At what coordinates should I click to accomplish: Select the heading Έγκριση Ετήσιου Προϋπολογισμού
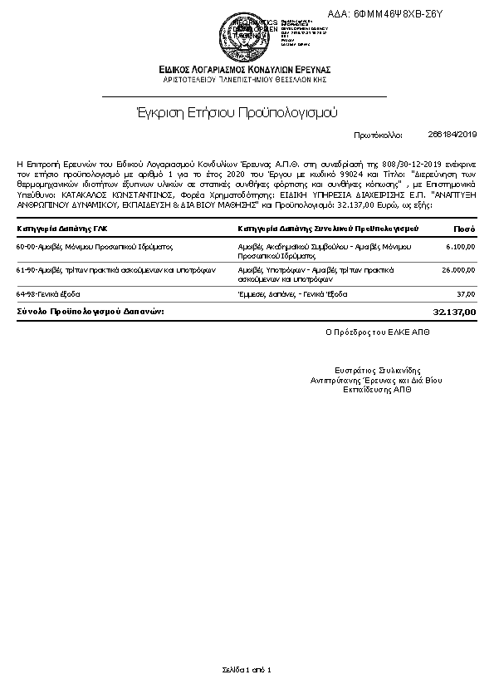click(237, 112)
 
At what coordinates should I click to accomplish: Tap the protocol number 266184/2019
click(452, 134)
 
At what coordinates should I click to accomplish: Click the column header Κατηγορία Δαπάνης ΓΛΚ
click(62, 228)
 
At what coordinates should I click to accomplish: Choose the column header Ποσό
click(464, 228)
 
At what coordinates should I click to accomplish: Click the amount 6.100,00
click(461, 247)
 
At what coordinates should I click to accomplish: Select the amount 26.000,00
click(458, 270)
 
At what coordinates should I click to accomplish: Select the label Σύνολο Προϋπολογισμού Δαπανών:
click(102, 311)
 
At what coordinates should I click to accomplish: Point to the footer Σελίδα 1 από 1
click(247, 669)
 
